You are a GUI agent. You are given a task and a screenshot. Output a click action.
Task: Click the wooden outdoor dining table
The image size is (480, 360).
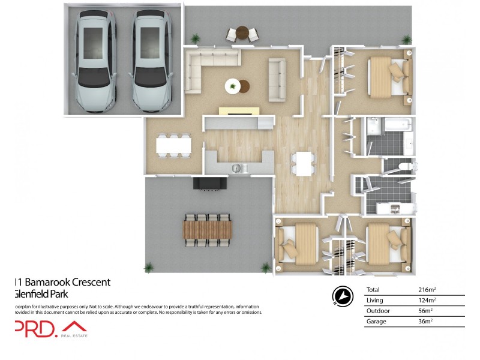[207, 229]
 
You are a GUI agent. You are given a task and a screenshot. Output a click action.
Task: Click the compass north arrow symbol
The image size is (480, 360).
[342, 295]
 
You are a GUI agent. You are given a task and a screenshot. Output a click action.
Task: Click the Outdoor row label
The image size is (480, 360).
[377, 311]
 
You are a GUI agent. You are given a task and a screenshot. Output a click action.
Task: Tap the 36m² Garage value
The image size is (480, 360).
[425, 322]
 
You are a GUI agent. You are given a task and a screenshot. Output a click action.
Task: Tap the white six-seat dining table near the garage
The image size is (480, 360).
[173, 145]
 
